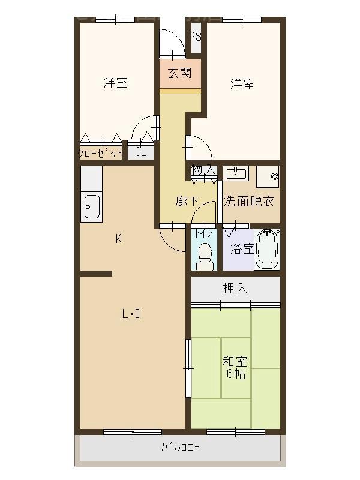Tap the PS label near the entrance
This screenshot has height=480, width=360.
point(195,36)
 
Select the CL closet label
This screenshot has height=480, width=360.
point(140,152)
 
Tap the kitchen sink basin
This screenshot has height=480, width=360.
point(91,208)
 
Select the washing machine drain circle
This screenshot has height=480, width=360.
point(275,176)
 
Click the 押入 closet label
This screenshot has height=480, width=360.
point(235,289)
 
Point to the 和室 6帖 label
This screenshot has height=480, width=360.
point(235,367)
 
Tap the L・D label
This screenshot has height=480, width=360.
point(131,314)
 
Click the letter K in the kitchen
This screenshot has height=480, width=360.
point(119,239)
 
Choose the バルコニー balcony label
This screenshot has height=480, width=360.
point(180,447)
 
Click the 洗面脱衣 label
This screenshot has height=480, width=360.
point(249,202)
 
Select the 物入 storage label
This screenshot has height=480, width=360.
point(203,170)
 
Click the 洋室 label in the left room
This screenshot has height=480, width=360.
point(115,83)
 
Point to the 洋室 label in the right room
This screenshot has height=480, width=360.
point(242,85)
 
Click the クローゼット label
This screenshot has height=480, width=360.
point(100,154)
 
